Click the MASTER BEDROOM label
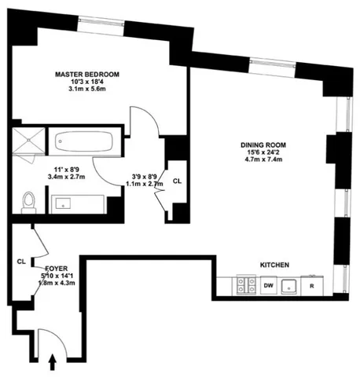86,75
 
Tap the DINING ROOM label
263,145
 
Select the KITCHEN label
277,265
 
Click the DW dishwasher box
268,285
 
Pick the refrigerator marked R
311,285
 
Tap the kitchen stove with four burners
247,285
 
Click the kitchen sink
289,285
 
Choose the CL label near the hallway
177,181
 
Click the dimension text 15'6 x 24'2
263,154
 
